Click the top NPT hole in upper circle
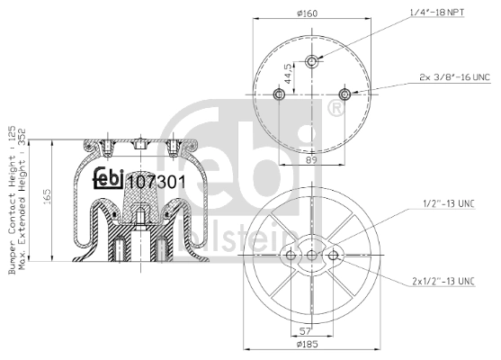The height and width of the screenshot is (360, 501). (x=312, y=61)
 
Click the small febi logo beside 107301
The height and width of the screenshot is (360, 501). (x=110, y=179)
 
